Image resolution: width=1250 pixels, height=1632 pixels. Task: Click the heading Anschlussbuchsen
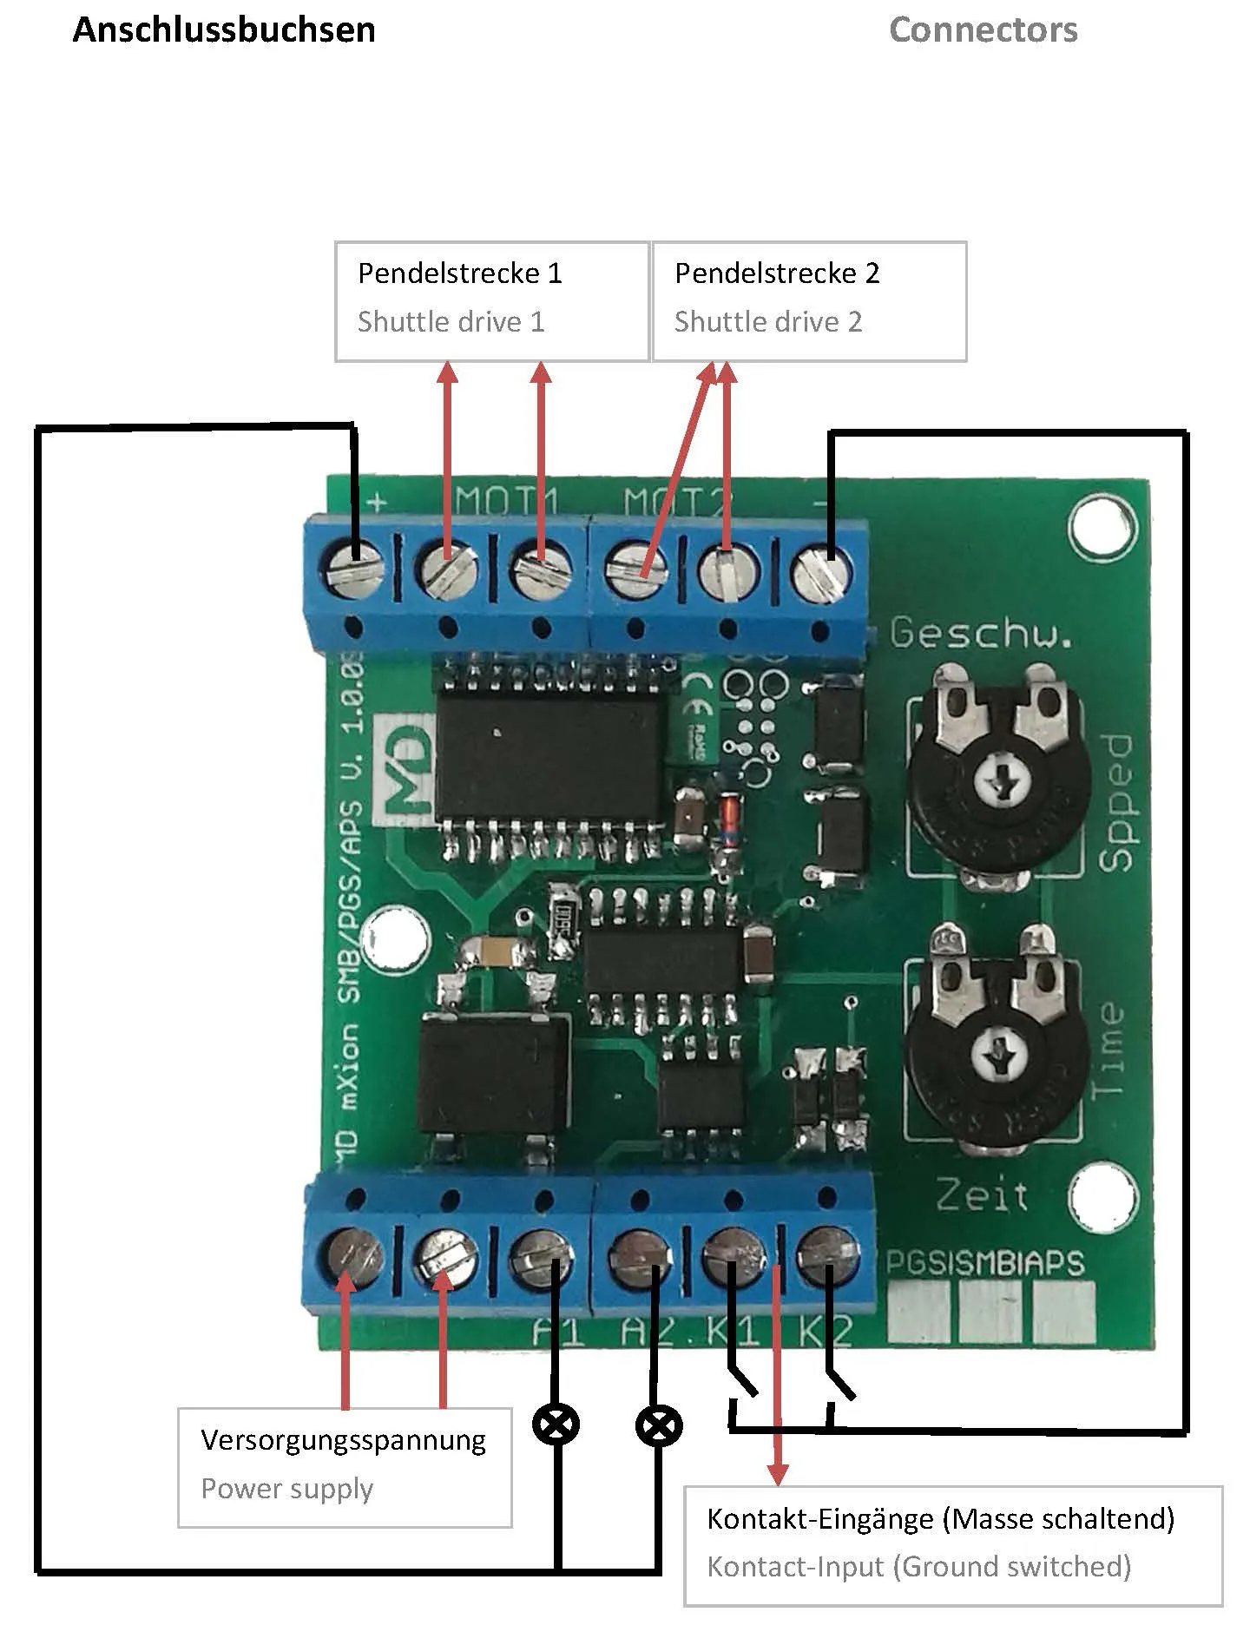coord(224,30)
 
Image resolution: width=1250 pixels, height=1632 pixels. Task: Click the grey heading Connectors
coord(983,30)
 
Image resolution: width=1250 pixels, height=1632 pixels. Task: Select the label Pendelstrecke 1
coord(460,273)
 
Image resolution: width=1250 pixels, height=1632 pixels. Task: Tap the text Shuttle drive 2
coord(768,322)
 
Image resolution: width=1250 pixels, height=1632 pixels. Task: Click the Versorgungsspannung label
coord(343,1440)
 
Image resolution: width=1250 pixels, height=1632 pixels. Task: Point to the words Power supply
coord(287,1489)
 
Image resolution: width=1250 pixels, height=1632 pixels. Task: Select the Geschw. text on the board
coord(981,633)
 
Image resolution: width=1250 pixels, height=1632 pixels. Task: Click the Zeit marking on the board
coord(982,1196)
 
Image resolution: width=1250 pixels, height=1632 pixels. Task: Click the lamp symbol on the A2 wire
coord(659,1425)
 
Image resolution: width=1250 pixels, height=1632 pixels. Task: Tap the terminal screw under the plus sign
coord(357,570)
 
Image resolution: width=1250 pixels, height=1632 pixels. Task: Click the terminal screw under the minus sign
coord(821,570)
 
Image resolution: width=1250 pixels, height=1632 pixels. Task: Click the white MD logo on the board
coord(405,768)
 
